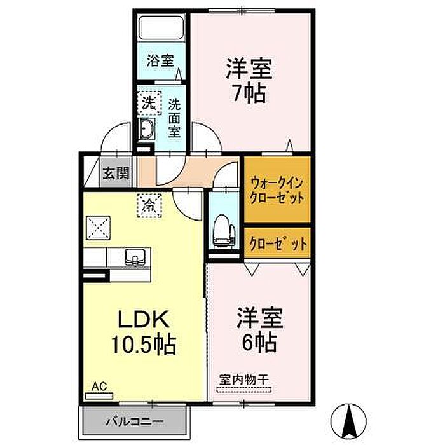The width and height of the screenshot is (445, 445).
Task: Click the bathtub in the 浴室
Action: coord(161,28)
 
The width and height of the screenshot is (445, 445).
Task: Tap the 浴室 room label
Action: coord(161,60)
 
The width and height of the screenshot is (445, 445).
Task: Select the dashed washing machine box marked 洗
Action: coord(149,103)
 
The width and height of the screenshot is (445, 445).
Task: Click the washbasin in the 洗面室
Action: coord(146,129)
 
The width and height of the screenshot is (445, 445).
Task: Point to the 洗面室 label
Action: coord(174,118)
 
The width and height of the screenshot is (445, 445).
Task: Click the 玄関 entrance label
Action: coord(116,173)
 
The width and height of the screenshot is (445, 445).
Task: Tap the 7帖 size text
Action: coord(249,93)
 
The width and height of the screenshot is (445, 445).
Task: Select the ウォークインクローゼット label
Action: coord(277,190)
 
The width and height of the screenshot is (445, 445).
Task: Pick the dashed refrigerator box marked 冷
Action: coord(149,205)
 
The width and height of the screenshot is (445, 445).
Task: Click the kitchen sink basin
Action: coord(134,257)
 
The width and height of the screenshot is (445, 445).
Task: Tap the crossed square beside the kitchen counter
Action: coord(98,228)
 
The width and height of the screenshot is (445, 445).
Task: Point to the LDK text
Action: coord(144,319)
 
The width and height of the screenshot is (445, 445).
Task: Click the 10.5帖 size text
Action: coord(143,345)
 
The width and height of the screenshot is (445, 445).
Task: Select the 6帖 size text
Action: coord(259,342)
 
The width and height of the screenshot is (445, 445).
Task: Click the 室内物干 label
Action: coord(243,380)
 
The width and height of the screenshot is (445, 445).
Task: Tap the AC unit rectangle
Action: coord(99,395)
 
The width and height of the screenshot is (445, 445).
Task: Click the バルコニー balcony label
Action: coord(135,422)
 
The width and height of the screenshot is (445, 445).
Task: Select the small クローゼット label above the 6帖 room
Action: coord(278,243)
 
